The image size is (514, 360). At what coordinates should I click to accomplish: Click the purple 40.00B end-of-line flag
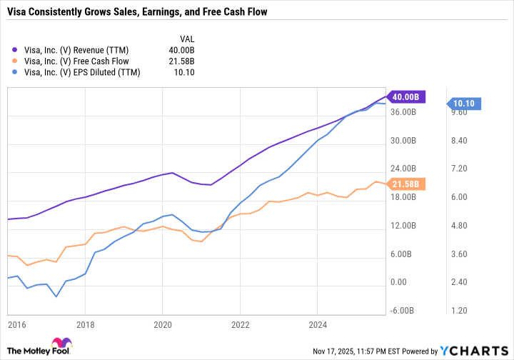[406, 96]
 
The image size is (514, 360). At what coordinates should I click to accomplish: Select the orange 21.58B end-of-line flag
[406, 184]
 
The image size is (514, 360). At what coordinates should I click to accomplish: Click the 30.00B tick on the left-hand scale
[403, 141]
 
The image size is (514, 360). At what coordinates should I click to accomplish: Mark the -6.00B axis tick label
[403, 311]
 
